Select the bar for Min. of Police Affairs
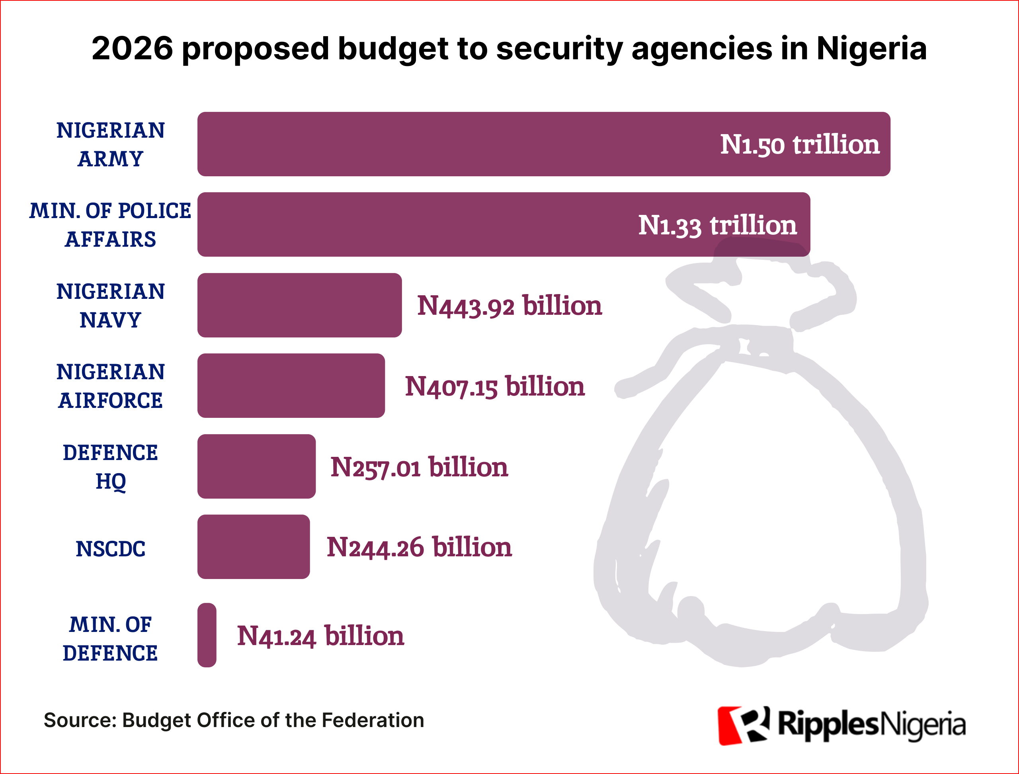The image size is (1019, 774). (x=415, y=224)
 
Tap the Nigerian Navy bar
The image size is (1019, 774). (x=300, y=305)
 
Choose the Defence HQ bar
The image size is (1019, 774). (x=256, y=466)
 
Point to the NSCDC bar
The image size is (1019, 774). (x=254, y=547)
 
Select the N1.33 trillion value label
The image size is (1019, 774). (x=717, y=225)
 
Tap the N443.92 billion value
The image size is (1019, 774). (x=509, y=306)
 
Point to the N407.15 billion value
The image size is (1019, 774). (x=494, y=386)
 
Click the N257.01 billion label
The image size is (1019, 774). (x=419, y=467)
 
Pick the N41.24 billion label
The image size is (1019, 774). (x=320, y=636)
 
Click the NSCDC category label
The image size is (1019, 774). (x=111, y=549)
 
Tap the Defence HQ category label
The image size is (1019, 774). (x=111, y=467)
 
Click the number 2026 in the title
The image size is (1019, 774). (x=132, y=49)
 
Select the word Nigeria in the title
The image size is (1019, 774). (x=871, y=49)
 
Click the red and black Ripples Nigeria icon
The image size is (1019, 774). (x=743, y=725)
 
